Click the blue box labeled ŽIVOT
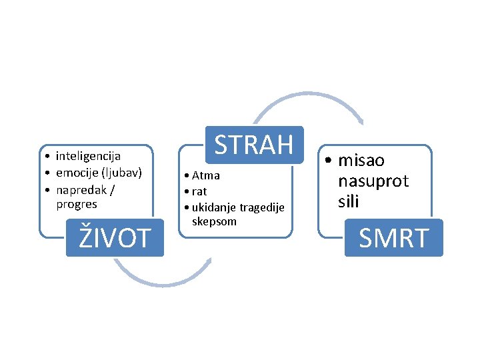pyautogui.click(x=115, y=237)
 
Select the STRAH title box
pyautogui.click(x=254, y=144)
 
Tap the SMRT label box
pyautogui.click(x=393, y=237)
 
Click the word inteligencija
pyautogui.click(x=88, y=157)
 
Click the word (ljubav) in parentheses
pyautogui.click(x=121, y=173)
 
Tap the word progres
pyautogui.click(x=77, y=204)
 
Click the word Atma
pyautogui.click(x=206, y=176)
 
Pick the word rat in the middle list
pyautogui.click(x=199, y=191)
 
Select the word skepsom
pyautogui.click(x=214, y=221)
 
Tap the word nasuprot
pyautogui.click(x=373, y=181)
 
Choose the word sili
pyautogui.click(x=348, y=201)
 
